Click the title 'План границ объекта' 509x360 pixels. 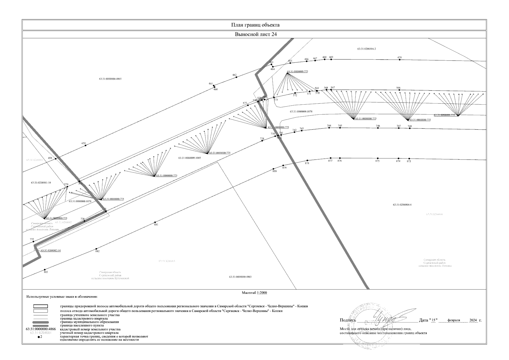click(x=255, y=25)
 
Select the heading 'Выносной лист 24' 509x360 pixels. click(x=255, y=34)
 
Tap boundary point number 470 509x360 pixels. click(x=400, y=60)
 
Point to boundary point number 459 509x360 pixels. click(x=85, y=145)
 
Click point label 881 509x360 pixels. click(x=156, y=224)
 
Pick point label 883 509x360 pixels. click(x=46, y=272)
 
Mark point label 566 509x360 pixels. click(x=398, y=88)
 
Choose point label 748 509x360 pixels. click(x=410, y=126)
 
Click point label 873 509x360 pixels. click(x=409, y=161)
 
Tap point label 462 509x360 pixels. click(x=234, y=75)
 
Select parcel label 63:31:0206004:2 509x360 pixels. click(x=367, y=49)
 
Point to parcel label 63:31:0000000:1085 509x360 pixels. click(x=189, y=158)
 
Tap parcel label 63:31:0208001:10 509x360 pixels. click(x=41, y=182)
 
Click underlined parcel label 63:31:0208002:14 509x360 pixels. click(x=51, y=250)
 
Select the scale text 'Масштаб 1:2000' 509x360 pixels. click(x=254, y=293)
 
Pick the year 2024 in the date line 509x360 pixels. click(x=473, y=320)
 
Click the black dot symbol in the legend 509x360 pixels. click(x=38, y=337)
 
